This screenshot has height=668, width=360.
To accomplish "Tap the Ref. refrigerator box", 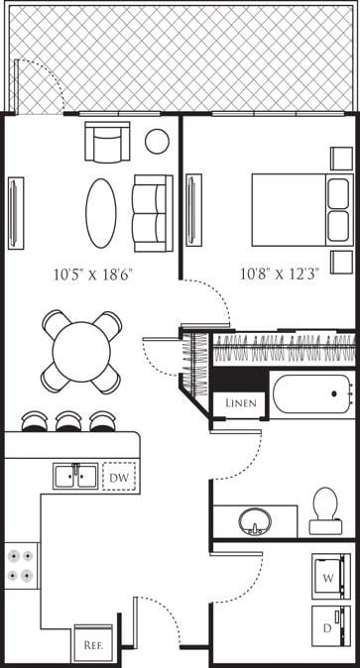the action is (93, 642).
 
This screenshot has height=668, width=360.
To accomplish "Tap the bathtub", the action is (312, 394).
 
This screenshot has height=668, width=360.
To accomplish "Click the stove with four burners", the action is (20, 564).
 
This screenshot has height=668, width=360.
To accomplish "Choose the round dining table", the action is (81, 351).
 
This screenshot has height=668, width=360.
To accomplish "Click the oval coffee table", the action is (100, 212).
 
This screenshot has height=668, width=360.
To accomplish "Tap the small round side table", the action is (157, 141).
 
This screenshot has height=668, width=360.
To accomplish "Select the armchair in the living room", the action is (107, 142).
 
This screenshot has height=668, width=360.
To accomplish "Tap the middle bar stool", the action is (69, 421).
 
